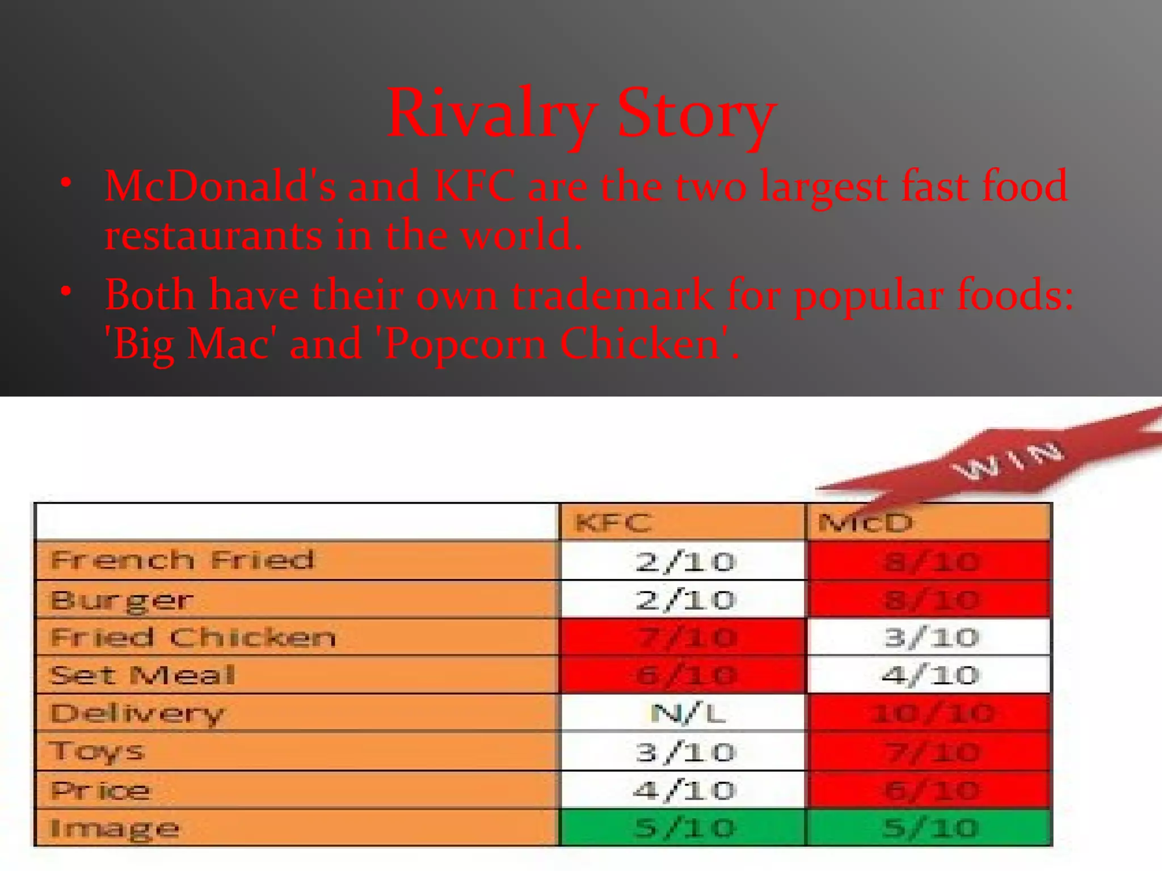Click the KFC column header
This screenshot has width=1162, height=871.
(x=613, y=522)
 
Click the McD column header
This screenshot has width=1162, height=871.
(x=865, y=522)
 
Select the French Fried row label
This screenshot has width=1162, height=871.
(x=182, y=560)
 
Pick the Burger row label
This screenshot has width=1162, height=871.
(x=121, y=600)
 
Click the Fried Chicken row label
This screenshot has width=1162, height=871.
(x=193, y=637)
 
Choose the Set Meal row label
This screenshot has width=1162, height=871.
(x=142, y=675)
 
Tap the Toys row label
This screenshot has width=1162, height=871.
(x=96, y=751)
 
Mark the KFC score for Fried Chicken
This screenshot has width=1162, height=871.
(x=685, y=637)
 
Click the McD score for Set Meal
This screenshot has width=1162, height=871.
(x=931, y=675)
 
